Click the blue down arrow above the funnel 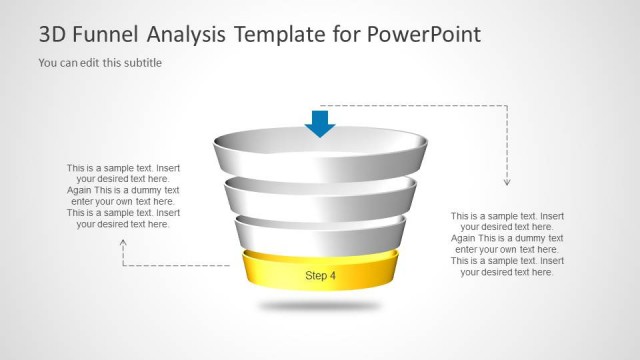tap(320, 122)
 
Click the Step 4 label tap(320, 275)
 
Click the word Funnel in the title tap(104, 35)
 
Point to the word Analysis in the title tap(186, 35)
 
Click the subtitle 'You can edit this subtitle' tap(100, 63)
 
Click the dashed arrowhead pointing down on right tap(507, 182)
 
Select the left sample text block tap(123, 196)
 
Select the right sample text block tap(507, 243)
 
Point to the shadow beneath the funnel tap(320, 304)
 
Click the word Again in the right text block tap(465, 238)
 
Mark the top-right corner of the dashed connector tap(507, 105)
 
